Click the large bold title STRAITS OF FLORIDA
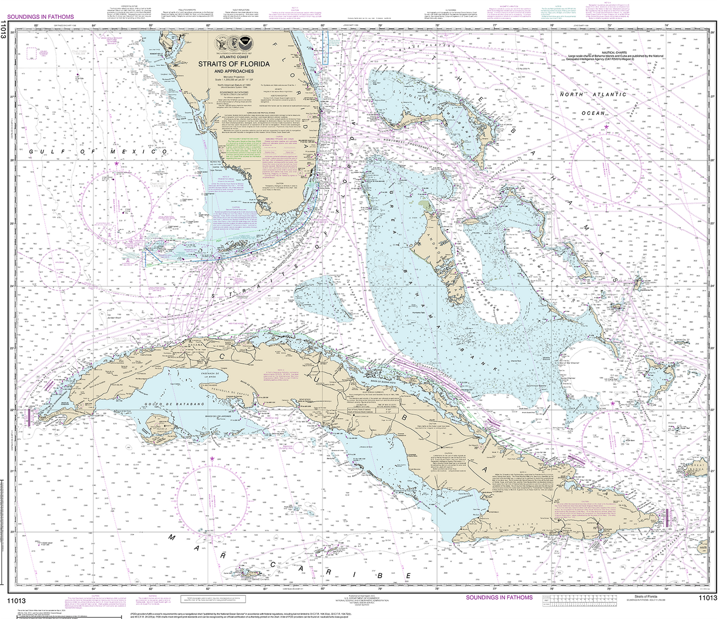tap(234, 64)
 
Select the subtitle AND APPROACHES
tap(234, 71)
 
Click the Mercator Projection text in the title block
tap(234, 77)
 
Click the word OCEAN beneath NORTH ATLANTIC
tap(593, 113)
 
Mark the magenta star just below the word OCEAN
tap(606, 127)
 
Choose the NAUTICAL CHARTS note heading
tap(614, 53)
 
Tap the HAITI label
tap(703, 548)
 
